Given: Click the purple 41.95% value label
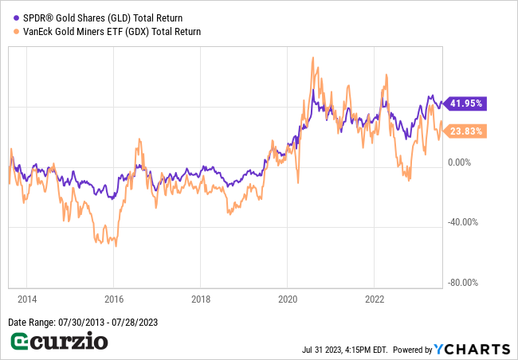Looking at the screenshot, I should (466, 104).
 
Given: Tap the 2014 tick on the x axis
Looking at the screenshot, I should (26, 300).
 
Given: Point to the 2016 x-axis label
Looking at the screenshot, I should (113, 300).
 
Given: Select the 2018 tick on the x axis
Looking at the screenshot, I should (200, 300).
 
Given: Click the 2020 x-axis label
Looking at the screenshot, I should (287, 300).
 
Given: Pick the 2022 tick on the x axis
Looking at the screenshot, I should (374, 300).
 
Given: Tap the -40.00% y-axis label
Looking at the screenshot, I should (463, 222).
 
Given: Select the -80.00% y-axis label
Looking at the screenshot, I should (463, 282).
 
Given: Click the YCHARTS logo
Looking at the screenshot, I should (472, 349).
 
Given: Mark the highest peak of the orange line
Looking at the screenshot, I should (312, 57).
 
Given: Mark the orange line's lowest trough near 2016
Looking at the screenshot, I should (115, 245).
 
